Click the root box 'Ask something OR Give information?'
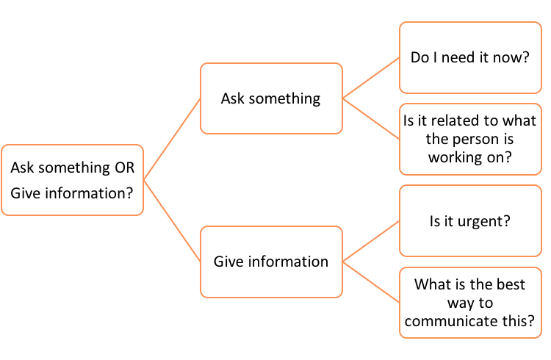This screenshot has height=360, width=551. click(x=72, y=179)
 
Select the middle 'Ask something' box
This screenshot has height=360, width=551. click(x=271, y=98)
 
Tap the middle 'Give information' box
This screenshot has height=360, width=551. click(x=271, y=262)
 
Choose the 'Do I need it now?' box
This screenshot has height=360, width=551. click(x=470, y=57)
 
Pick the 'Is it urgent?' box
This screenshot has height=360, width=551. click(x=470, y=220)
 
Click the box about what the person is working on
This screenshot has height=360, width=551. click(x=470, y=138)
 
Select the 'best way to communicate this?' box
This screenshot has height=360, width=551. click(x=470, y=302)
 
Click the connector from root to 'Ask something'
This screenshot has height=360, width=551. click(x=172, y=139)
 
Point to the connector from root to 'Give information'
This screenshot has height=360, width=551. click(x=172, y=220)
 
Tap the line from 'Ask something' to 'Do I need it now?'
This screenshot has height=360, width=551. click(x=371, y=78)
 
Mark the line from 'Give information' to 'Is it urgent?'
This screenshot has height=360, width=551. click(x=371, y=241)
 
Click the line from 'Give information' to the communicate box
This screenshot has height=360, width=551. click(x=371, y=281)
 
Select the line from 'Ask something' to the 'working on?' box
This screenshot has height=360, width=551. click(x=371, y=118)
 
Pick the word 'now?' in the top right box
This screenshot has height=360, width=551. click(x=514, y=57)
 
